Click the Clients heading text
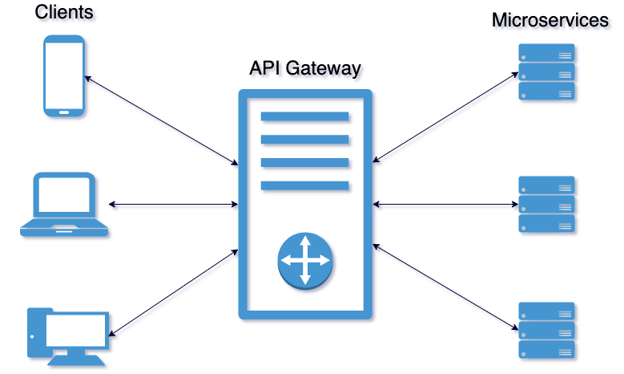(x=63, y=13)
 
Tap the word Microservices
(x=550, y=20)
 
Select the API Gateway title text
(x=305, y=68)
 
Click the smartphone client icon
(x=64, y=77)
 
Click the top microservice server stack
(x=546, y=73)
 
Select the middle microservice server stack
(x=546, y=205)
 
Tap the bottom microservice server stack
(x=546, y=330)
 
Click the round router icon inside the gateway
(x=305, y=261)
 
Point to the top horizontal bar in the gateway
(x=305, y=116)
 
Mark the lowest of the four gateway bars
(x=305, y=186)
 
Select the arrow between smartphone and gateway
(x=161, y=120)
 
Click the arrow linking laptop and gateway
(x=173, y=205)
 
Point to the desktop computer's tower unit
(x=35, y=331)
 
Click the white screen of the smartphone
(x=64, y=77)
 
